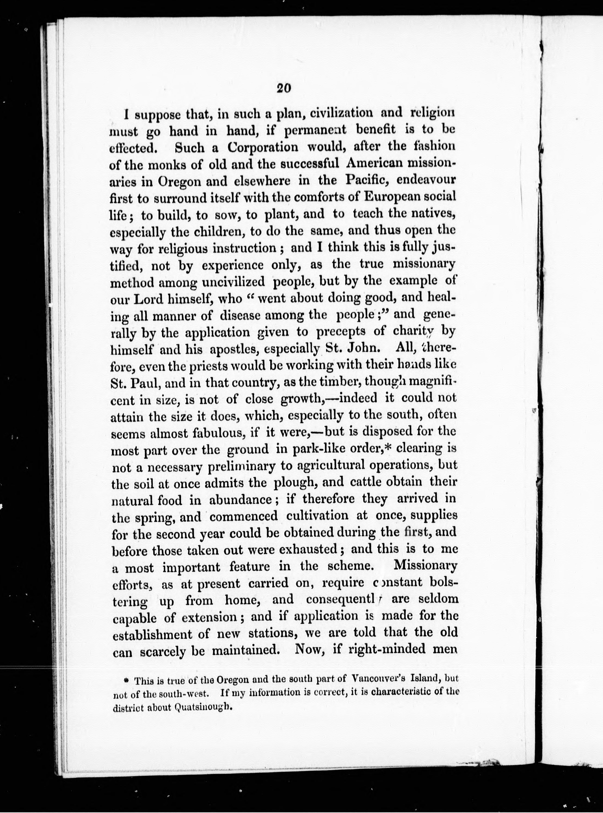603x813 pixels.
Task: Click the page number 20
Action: (x=283, y=89)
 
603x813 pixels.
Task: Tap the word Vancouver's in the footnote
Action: (x=380, y=679)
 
